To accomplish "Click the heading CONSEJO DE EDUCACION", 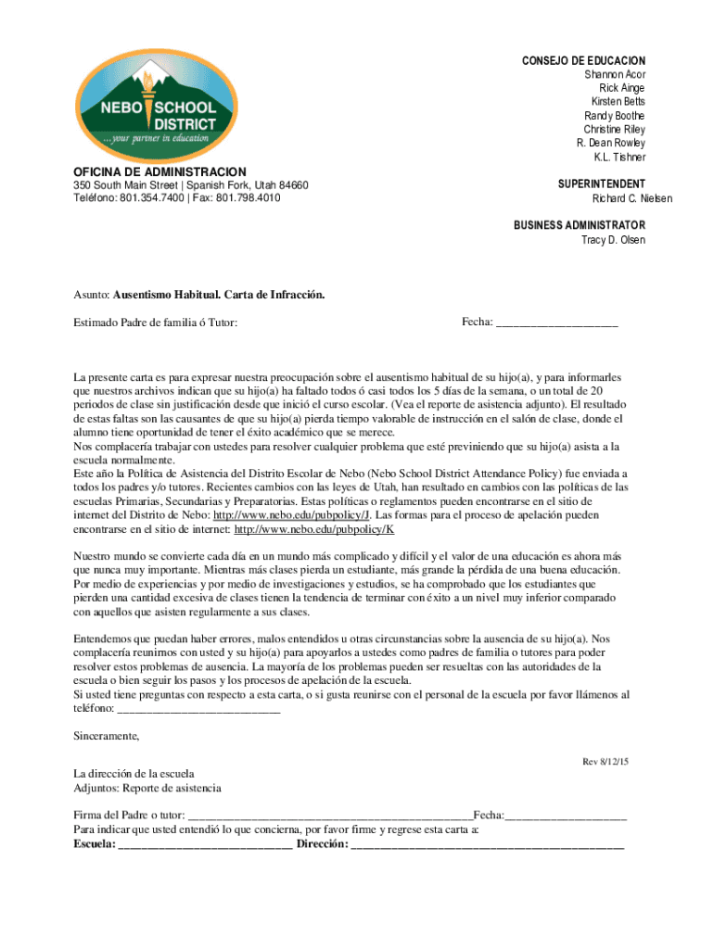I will coord(583,60).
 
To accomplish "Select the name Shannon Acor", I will coord(615,74).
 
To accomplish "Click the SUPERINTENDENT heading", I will coord(602,184).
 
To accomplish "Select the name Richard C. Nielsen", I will coord(618,199).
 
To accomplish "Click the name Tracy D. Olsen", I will coord(613,240).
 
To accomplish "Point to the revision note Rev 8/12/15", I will coord(605,761).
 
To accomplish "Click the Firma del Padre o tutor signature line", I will coord(329,816).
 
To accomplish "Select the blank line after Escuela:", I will coord(206,844).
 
